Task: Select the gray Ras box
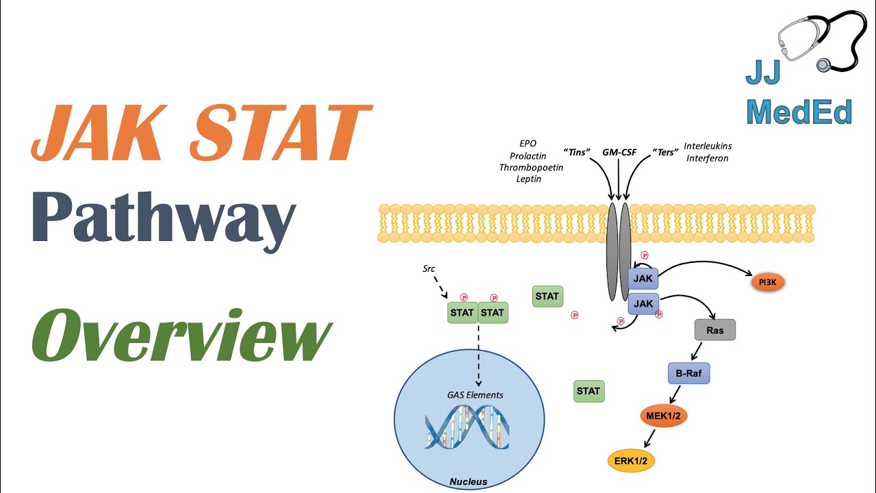[x=714, y=330]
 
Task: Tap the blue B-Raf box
[x=688, y=374]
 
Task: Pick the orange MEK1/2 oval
[x=662, y=416]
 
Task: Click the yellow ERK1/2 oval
[x=631, y=462]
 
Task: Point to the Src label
[x=429, y=268]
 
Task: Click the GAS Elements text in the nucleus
[x=475, y=394]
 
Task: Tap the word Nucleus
[x=468, y=481]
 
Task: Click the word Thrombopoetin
[x=531, y=168]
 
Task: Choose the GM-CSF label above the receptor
[x=619, y=152]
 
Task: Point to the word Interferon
[x=706, y=158]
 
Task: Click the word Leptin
[x=528, y=179]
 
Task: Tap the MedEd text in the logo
[x=799, y=112]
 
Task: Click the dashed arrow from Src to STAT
[x=439, y=287]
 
